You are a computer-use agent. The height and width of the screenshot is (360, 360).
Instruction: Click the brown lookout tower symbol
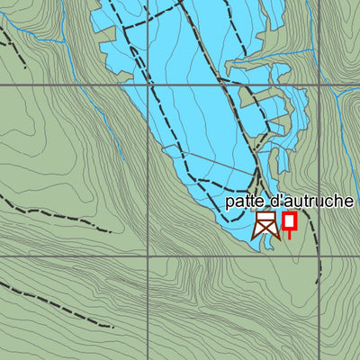[x=265, y=225]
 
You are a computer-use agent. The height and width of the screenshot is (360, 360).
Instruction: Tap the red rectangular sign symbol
[x=289, y=221]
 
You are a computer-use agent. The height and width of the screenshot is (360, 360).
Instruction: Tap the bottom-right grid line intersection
[x=319, y=256]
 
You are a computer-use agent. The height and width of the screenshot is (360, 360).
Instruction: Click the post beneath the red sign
[x=289, y=234]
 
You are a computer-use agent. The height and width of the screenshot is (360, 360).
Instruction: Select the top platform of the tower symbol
[x=265, y=216]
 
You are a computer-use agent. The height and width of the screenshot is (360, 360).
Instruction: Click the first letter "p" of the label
[x=229, y=203]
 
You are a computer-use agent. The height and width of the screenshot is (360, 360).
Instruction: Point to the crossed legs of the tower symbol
[x=265, y=230]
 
